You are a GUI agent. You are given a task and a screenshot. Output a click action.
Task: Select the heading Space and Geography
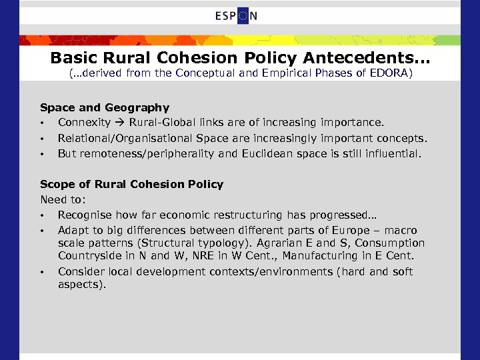(x=105, y=107)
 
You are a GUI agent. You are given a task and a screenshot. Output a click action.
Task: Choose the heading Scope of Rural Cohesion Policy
(x=132, y=184)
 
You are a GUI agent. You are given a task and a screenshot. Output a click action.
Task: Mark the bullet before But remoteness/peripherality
(x=42, y=154)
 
